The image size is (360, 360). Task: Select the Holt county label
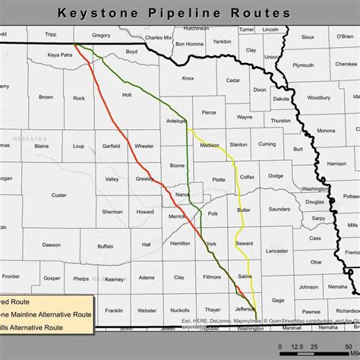[x=127, y=95]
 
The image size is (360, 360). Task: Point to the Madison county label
[x=210, y=144]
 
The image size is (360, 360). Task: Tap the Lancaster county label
[x=276, y=250]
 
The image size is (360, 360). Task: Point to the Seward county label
[x=244, y=243]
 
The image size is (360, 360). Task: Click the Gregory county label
[x=101, y=35]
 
